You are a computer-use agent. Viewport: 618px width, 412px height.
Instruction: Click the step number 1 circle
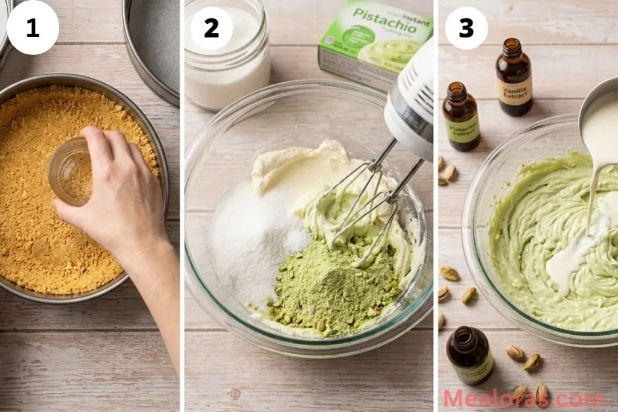pyautogui.click(x=33, y=28)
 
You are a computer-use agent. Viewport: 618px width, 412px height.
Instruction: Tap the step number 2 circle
pyautogui.click(x=211, y=28)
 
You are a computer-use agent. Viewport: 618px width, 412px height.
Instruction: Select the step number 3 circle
pyautogui.click(x=467, y=28)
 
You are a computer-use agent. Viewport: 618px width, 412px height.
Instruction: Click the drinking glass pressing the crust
pyautogui.click(x=70, y=171)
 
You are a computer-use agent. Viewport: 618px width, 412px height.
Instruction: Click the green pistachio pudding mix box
pyautogui.click(x=374, y=42)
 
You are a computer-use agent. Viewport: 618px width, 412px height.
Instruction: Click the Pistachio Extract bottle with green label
pyautogui.click(x=461, y=121)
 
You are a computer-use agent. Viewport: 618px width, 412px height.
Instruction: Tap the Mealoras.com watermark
pyautogui.click(x=523, y=399)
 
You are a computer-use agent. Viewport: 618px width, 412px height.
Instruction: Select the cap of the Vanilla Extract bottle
pyautogui.click(x=512, y=47)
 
